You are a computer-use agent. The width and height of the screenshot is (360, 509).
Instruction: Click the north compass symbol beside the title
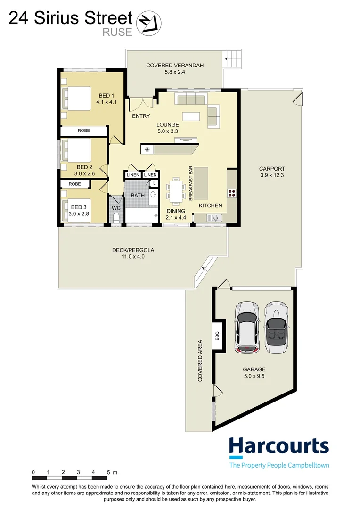[148, 22]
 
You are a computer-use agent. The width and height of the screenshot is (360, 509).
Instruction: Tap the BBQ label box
[217, 335]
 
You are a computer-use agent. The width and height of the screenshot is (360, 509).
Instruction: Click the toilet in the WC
[116, 217]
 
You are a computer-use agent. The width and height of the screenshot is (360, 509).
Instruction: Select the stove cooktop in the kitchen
[232, 192]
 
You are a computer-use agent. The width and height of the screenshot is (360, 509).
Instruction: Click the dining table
[176, 190]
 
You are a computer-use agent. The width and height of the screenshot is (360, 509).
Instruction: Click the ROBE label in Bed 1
[83, 131]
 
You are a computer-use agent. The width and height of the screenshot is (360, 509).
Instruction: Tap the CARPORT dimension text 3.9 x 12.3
[272, 175]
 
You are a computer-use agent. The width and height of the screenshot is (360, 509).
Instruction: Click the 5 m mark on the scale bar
[109, 472]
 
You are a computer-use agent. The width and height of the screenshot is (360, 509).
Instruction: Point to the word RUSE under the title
[117, 32]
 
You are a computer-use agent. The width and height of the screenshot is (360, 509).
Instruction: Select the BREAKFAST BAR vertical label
[191, 184]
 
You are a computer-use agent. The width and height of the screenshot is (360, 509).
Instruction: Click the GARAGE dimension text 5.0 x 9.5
[254, 376]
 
